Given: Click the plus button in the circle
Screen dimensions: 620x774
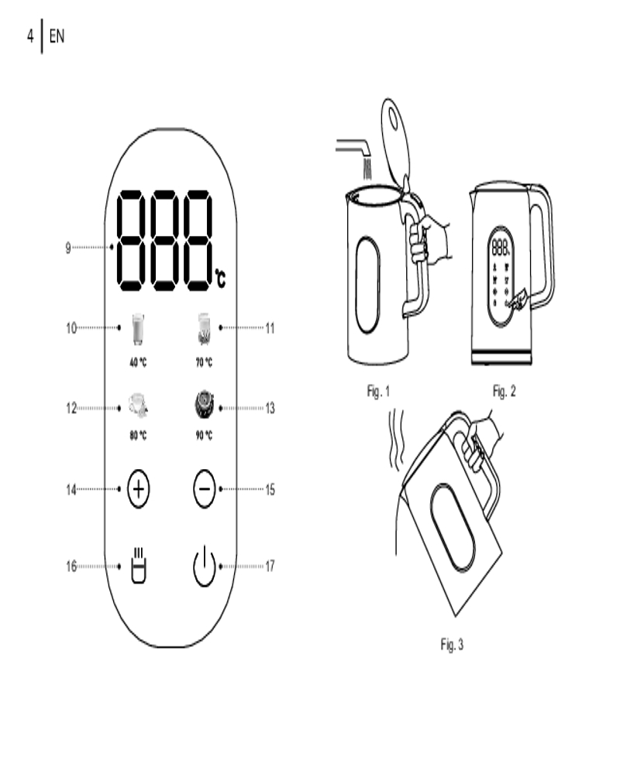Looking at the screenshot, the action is click(139, 488).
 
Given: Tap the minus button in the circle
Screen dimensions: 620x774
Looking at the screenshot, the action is click(204, 488).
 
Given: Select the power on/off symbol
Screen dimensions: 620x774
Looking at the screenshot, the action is click(204, 567).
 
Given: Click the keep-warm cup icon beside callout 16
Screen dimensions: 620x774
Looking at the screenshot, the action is click(139, 565).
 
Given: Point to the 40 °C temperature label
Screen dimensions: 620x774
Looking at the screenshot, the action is click(138, 362).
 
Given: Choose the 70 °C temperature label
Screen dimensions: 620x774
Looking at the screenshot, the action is click(204, 362).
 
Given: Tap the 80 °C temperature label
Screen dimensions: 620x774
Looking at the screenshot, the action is click(138, 435).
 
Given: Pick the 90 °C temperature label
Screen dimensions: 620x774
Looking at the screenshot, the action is click(204, 435).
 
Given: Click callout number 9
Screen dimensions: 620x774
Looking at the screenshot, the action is click(68, 248).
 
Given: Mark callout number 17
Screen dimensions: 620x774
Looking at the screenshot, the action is click(270, 566).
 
